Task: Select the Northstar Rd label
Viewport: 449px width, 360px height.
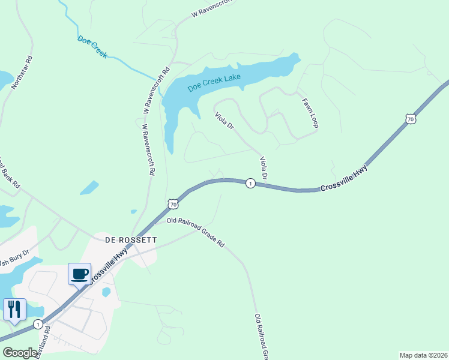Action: tap(22, 74)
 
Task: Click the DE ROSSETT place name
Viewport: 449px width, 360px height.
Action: tap(131, 239)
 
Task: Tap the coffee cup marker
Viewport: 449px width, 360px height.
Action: tap(80, 274)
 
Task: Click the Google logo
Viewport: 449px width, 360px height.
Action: tap(20, 353)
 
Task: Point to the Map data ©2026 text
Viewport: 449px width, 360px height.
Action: tap(423, 355)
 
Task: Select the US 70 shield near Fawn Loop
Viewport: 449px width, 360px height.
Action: tap(411, 119)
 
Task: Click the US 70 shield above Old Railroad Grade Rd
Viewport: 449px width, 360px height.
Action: tap(173, 205)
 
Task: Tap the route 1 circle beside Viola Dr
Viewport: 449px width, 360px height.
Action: tap(250, 183)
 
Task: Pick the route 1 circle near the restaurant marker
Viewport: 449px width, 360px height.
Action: tap(38, 324)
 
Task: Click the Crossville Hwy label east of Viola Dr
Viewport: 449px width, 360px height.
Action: tap(343, 179)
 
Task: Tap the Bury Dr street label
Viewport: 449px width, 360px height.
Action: tap(16, 259)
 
